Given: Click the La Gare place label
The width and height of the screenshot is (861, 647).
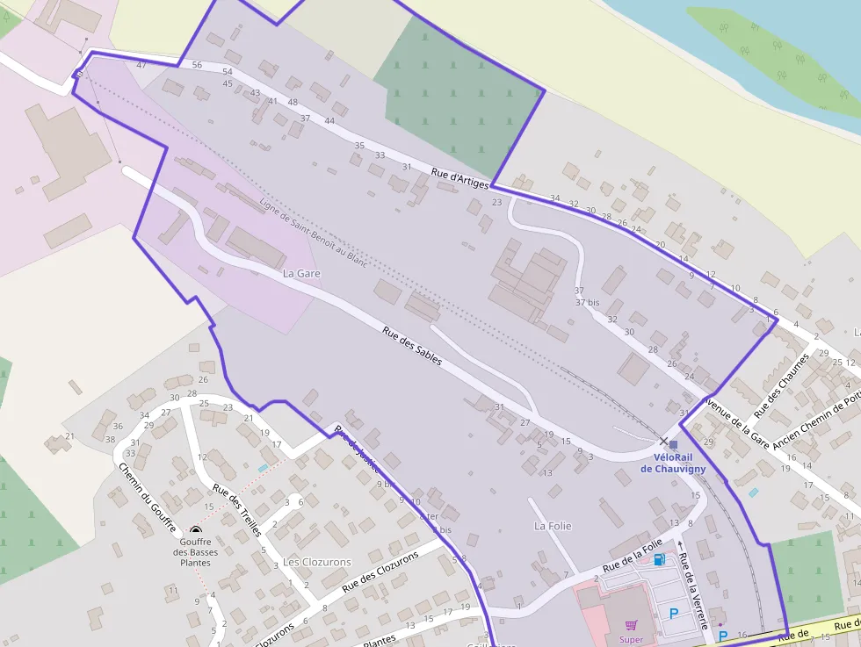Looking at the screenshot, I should (x=301, y=274).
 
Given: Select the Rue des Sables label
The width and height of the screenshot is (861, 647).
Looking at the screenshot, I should (x=412, y=346).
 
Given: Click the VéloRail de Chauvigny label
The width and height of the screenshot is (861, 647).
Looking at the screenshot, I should (x=673, y=464).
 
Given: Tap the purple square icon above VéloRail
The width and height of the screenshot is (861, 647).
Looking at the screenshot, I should (x=673, y=444).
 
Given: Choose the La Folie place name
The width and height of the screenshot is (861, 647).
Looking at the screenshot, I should (x=553, y=526).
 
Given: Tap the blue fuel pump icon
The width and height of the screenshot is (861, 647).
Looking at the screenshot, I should (x=659, y=559).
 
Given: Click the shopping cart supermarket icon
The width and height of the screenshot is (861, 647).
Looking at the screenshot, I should (x=630, y=625).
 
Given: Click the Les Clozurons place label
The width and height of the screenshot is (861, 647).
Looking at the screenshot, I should (x=316, y=562).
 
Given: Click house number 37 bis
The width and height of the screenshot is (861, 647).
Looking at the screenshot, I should (x=587, y=302).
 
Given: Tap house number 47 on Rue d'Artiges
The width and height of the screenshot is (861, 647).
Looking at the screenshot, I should (x=141, y=65).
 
